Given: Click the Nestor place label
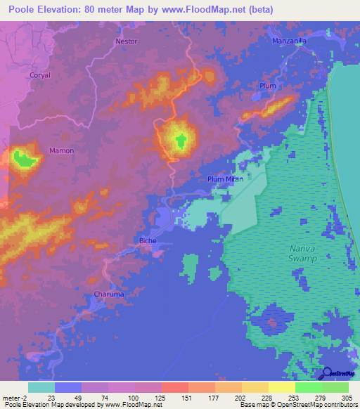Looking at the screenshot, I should point(126,41).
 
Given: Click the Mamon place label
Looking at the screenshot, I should point(61,150).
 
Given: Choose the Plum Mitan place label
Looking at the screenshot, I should point(225,179).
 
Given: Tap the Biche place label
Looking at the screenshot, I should point(148,240).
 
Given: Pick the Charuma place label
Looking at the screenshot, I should point(109,294).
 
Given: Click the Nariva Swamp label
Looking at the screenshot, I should point(303,254).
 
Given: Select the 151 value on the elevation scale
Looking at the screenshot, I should point(175,398).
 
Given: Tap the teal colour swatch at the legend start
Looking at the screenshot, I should point(41,387).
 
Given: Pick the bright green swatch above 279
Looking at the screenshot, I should point(309,387).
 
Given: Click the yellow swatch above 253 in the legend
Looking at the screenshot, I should point(282,387).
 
